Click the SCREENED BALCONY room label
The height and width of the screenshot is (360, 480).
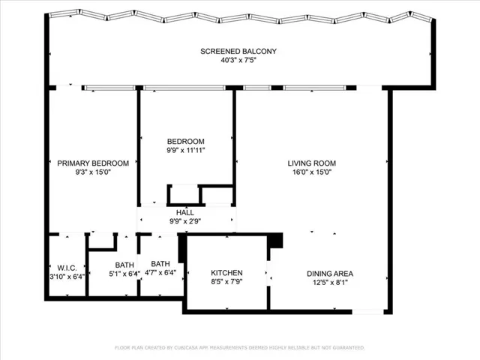(238, 52)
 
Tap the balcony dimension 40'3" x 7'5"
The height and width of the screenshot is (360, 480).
(238, 60)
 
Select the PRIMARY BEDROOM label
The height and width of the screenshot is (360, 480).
(93, 163)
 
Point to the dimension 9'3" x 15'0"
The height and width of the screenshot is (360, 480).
(93, 172)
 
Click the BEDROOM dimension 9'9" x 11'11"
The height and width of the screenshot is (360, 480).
(186, 150)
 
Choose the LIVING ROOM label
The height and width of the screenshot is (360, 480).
(312, 163)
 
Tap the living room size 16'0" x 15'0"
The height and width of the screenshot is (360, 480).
(312, 172)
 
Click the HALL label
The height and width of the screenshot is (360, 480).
(185, 212)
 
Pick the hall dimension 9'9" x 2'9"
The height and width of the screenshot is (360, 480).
(185, 221)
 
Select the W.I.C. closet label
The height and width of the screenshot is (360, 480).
(67, 268)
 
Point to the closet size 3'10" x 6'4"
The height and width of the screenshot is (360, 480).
(67, 277)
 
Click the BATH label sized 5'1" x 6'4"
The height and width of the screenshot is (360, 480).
(124, 265)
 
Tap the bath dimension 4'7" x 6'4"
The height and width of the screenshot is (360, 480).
(160, 272)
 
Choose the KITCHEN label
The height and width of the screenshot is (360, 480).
(226, 273)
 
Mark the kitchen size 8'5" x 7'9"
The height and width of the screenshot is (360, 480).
(226, 281)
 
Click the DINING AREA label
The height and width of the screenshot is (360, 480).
(330, 274)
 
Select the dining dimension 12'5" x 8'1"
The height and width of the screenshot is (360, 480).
(330, 282)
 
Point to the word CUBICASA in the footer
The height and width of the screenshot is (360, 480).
(186, 348)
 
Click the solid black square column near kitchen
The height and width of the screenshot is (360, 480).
(275, 240)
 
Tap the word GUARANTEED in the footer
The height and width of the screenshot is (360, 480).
(349, 348)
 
